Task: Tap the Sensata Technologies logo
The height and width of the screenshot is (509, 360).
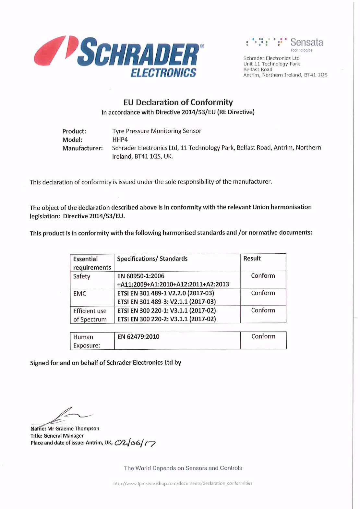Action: tap(285, 44)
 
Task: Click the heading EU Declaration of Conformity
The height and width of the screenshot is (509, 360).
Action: tap(178, 102)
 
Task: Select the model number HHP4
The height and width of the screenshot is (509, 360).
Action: tap(120, 139)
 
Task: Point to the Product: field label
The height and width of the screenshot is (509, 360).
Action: tap(74, 131)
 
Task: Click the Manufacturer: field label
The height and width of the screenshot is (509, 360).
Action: tap(82, 148)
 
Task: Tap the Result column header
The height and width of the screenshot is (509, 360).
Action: tap(252, 259)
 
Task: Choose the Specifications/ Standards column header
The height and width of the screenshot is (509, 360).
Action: tap(152, 259)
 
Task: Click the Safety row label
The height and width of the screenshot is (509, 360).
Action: tap(82, 276)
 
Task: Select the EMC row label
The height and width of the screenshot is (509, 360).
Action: tap(80, 294)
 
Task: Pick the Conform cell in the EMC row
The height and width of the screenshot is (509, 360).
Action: tap(263, 293)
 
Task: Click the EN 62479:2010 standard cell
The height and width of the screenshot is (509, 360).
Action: tap(138, 337)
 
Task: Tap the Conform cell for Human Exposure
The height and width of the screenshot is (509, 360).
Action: tap(263, 336)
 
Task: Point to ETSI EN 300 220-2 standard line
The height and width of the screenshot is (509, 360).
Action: tap(166, 319)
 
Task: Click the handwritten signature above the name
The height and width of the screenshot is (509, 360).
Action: tap(65, 416)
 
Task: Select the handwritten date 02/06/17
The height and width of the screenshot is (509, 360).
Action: tap(135, 443)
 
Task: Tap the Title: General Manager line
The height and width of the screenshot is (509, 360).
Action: tap(57, 436)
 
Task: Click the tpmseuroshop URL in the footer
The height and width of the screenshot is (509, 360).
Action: tap(183, 483)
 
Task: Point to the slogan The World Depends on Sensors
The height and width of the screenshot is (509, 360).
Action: tap(183, 468)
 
